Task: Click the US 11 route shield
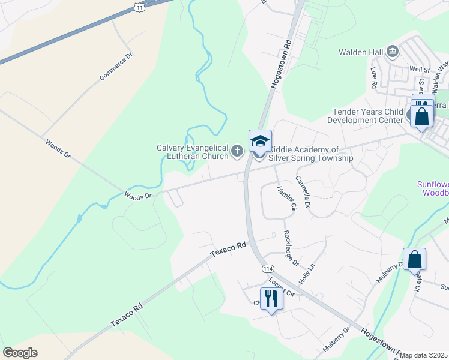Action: [139, 5]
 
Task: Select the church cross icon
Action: [237, 150]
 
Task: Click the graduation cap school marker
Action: [260, 141]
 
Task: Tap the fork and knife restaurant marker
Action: [271, 298]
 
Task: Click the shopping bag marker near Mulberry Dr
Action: [414, 259]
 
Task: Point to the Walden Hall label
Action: [360, 52]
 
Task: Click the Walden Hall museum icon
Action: [393, 52]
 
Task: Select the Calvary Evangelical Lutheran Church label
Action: [192, 152]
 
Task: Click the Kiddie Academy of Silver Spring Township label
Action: [311, 154]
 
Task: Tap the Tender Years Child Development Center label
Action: [368, 116]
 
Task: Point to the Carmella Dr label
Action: [302, 191]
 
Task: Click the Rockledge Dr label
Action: [291, 247]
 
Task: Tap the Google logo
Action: [20, 353]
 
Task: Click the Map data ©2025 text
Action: [424, 355]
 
